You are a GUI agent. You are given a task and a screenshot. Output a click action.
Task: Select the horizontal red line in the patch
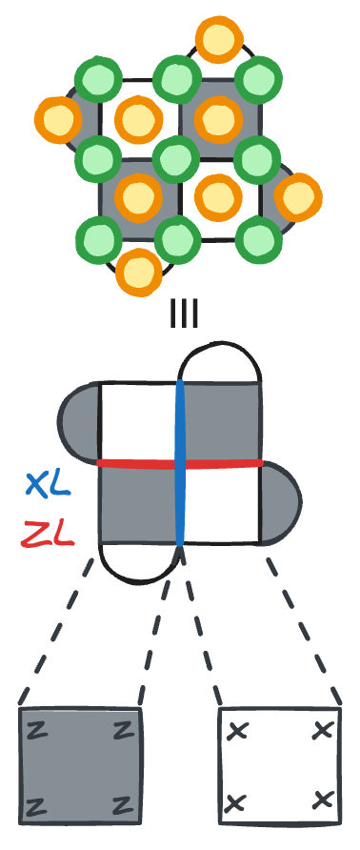tap(133, 463)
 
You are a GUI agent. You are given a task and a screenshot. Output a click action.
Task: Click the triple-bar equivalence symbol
tap(184, 313)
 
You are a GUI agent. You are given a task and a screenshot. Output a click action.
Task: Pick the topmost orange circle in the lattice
tap(217, 41)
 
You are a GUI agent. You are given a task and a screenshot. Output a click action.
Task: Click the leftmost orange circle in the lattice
tap(56, 120)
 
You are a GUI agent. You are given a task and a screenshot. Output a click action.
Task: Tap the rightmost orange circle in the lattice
tap(298, 197)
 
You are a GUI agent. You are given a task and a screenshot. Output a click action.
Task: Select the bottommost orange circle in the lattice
tap(138, 272)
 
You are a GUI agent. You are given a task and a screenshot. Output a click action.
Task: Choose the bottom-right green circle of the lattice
tap(258, 236)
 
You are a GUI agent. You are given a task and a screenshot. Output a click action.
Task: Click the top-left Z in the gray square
tap(39, 731)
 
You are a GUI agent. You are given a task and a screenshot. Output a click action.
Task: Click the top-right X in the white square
tap(323, 731)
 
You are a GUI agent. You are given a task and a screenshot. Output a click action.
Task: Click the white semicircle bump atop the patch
tap(220, 367)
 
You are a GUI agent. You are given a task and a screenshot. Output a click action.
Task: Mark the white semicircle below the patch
tap(139, 561)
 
